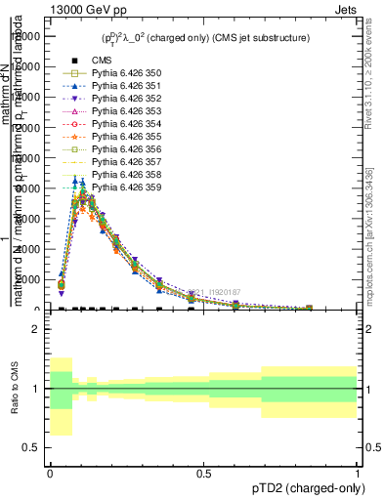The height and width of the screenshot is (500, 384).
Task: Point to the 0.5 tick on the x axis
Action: click(x=204, y=473)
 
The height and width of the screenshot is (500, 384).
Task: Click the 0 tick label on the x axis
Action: click(x=50, y=473)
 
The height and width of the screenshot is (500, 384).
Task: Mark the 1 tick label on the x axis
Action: click(x=358, y=473)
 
